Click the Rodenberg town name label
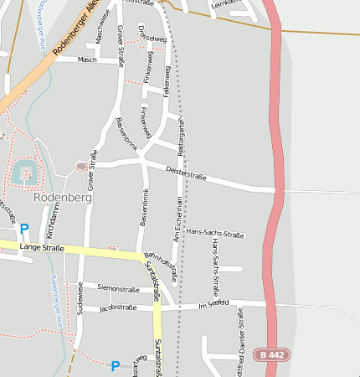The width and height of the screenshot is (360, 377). (x=63, y=198)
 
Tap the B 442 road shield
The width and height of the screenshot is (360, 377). (x=272, y=355)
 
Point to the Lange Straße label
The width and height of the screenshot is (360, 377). (x=42, y=248)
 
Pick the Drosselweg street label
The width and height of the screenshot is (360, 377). (x=154, y=39)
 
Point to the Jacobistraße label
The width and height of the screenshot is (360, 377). (x=117, y=308)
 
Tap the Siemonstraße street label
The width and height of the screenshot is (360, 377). (x=118, y=288)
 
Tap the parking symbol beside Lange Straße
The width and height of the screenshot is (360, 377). (x=24, y=229)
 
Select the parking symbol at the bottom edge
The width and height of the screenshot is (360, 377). (x=116, y=365)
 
